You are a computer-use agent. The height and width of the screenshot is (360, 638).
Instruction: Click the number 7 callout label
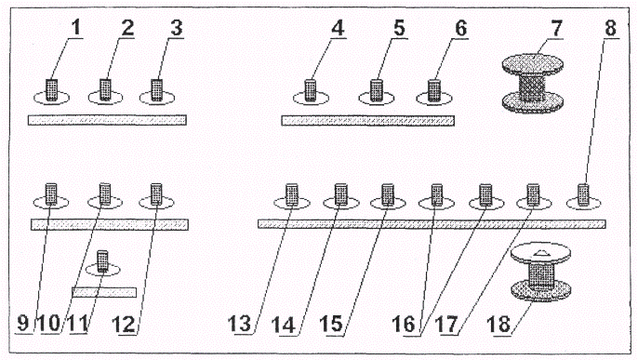click(x=556, y=28)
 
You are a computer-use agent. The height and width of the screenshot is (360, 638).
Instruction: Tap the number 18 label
click(x=498, y=325)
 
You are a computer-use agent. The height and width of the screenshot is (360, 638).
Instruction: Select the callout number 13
click(x=239, y=324)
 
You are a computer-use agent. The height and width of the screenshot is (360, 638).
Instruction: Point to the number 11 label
click(x=78, y=324)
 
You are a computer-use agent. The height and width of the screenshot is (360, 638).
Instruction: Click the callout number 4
click(x=338, y=28)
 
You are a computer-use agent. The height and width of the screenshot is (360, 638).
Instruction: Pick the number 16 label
click(x=404, y=325)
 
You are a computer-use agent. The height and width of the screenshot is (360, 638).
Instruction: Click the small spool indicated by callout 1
click(x=51, y=90)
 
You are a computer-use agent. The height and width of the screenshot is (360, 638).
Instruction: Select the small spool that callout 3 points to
click(x=156, y=90)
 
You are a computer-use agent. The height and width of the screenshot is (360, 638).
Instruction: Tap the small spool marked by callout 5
click(x=377, y=90)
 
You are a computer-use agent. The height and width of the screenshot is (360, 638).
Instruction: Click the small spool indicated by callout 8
click(x=583, y=194)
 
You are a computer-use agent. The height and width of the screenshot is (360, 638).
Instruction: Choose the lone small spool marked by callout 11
click(x=102, y=261)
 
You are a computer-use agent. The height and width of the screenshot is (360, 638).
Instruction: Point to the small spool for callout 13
click(x=292, y=194)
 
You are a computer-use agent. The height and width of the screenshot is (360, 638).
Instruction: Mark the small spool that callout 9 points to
click(x=51, y=194)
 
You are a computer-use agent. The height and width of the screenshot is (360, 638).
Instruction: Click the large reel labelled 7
click(x=533, y=84)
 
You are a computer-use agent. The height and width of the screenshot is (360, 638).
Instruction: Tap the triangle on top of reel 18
click(x=541, y=253)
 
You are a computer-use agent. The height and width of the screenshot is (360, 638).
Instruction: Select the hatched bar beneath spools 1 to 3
click(x=108, y=120)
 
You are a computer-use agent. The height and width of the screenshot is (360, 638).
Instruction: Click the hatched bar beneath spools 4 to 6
click(x=368, y=120)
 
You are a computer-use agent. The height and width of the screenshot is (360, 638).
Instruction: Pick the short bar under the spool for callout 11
click(x=104, y=292)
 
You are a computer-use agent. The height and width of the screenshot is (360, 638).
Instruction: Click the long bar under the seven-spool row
click(x=432, y=224)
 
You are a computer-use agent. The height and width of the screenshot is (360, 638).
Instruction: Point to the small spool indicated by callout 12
click(x=156, y=194)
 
